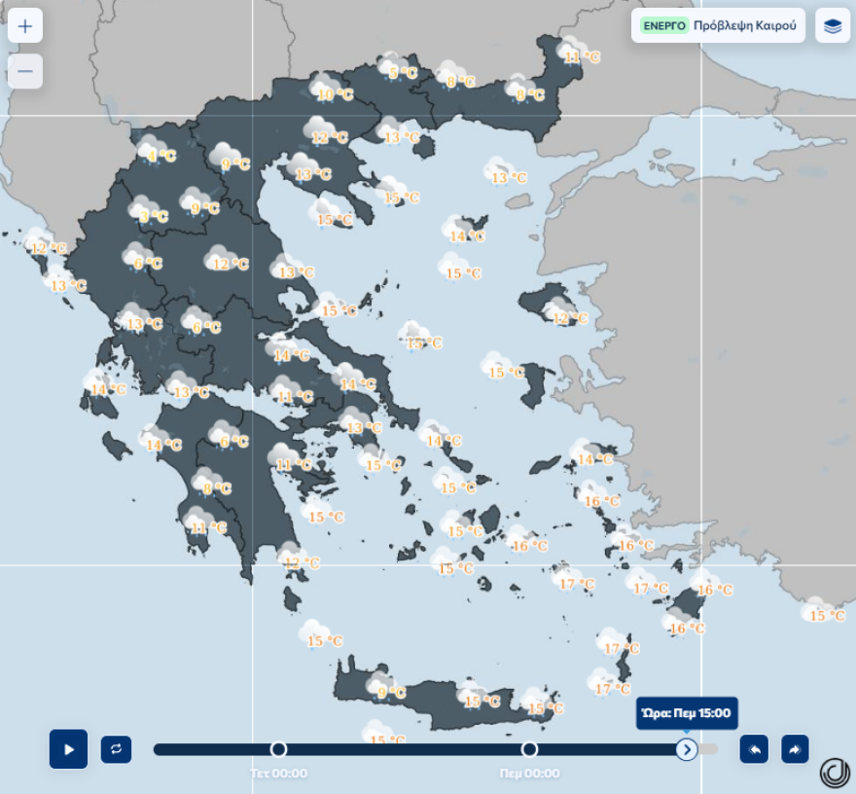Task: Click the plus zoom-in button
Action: [25, 26]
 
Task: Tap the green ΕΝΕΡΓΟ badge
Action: [664, 26]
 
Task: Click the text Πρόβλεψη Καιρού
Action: [744, 26]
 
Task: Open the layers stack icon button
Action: [833, 26]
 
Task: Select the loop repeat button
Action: [116, 749]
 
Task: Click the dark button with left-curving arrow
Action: [754, 749]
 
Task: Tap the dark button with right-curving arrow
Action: [795, 749]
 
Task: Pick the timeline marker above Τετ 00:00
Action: [278, 749]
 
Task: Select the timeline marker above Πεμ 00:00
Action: [529, 749]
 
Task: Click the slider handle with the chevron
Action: [687, 749]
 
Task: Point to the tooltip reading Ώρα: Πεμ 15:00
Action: [687, 713]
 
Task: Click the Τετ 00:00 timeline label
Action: [278, 774]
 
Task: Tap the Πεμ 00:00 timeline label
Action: [529, 774]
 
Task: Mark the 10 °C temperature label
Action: [336, 95]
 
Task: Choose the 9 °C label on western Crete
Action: [391, 693]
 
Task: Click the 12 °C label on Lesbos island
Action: [571, 318]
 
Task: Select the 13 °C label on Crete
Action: [482, 702]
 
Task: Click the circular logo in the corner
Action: [835, 772]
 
